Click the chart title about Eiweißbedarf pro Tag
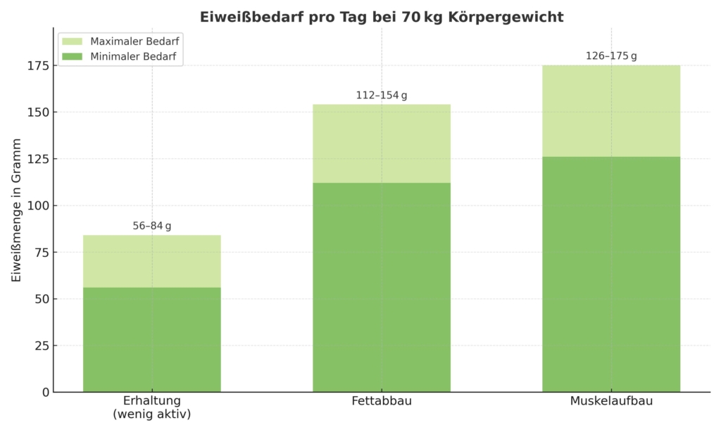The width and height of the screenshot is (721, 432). click(382, 17)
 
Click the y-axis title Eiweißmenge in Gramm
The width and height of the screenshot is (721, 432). click(16, 210)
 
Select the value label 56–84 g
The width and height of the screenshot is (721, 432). click(152, 226)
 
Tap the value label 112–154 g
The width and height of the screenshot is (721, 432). click(382, 96)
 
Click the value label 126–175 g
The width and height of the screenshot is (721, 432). click(611, 56)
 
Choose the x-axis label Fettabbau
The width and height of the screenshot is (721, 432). click(382, 402)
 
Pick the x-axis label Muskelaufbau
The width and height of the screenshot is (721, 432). click(611, 402)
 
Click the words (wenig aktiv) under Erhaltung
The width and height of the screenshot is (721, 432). click(152, 415)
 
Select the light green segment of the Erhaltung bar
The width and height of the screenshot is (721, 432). click(152, 261)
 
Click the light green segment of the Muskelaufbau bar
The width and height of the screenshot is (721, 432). click(611, 111)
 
